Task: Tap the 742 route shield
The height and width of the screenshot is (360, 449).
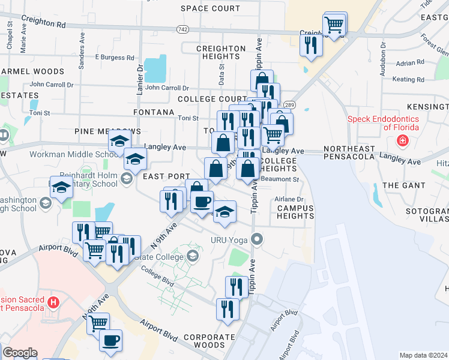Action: pyautogui.click(x=183, y=29)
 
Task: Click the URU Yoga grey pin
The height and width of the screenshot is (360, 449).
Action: pyautogui.click(x=258, y=241)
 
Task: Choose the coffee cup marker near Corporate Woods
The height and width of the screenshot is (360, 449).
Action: pyautogui.click(x=110, y=341)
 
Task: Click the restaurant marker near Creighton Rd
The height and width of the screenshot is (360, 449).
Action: pyautogui.click(x=311, y=46)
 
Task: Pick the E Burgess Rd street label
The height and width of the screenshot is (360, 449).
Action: pyautogui.click(x=114, y=58)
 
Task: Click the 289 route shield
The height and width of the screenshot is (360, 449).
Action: pyautogui.click(x=289, y=104)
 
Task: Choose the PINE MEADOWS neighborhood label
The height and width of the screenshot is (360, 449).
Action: pyautogui.click(x=107, y=131)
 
